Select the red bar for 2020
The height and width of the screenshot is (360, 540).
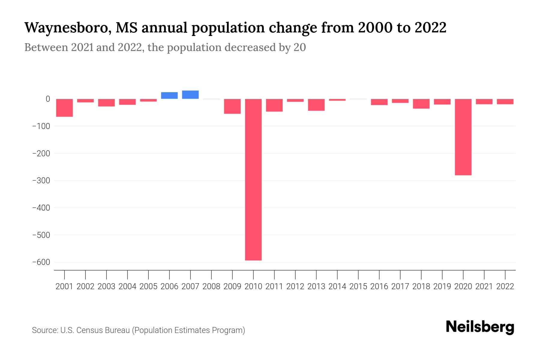click(x=463, y=137)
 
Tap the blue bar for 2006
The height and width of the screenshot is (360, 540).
click(x=169, y=95)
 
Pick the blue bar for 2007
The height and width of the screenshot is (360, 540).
click(x=190, y=94)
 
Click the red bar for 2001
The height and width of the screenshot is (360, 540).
click(x=64, y=108)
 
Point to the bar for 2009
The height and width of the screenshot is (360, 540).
click(x=232, y=106)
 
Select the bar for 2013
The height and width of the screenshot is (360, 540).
click(x=316, y=105)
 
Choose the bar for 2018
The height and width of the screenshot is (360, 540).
click(x=421, y=103)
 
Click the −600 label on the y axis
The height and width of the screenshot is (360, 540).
click(x=41, y=262)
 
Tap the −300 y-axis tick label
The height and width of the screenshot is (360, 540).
click(x=41, y=181)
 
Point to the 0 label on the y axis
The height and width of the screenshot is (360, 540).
click(x=48, y=99)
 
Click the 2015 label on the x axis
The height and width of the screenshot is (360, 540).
click(x=358, y=286)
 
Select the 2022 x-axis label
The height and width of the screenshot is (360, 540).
click(x=505, y=286)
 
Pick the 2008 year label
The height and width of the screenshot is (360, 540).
click(x=211, y=286)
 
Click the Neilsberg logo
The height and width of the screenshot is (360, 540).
click(x=480, y=327)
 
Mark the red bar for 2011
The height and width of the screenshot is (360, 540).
click(x=274, y=105)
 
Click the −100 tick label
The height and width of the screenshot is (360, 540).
click(x=41, y=126)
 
